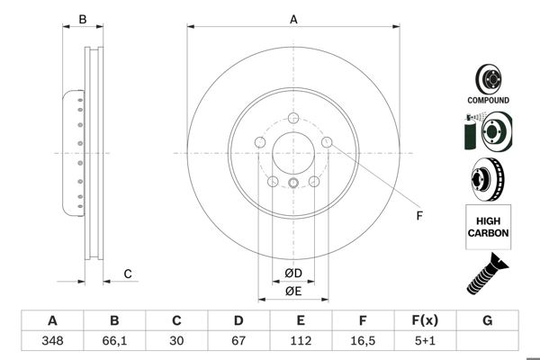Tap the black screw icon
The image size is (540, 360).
click(487, 274)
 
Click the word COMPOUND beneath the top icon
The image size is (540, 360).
click(488, 101)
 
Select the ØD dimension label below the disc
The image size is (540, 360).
click(293, 274)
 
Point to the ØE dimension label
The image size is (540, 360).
click(293, 291)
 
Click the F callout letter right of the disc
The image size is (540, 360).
click(418, 215)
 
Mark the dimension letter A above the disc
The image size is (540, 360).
click(293, 19)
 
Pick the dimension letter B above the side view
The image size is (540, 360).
click(82, 19)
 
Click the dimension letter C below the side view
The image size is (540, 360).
click(128, 274)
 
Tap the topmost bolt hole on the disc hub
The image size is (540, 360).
click(293, 118)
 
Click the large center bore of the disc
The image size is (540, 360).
click(293, 153)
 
